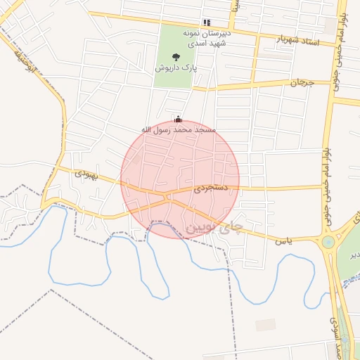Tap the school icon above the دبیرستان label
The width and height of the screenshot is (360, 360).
[x=206, y=22]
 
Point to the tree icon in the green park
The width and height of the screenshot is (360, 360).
[x=176, y=56]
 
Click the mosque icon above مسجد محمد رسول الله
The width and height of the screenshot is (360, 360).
[x=178, y=119]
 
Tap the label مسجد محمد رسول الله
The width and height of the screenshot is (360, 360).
[x=179, y=131]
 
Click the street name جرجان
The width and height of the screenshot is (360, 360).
[x=300, y=82]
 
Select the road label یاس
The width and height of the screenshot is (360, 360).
[x=284, y=240]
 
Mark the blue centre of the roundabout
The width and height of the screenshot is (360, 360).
[x=328, y=243]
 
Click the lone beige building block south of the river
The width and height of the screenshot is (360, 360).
[x=266, y=324]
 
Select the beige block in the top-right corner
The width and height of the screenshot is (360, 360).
[x=330, y=26]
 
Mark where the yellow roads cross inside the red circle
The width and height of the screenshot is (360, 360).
[x=169, y=198]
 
